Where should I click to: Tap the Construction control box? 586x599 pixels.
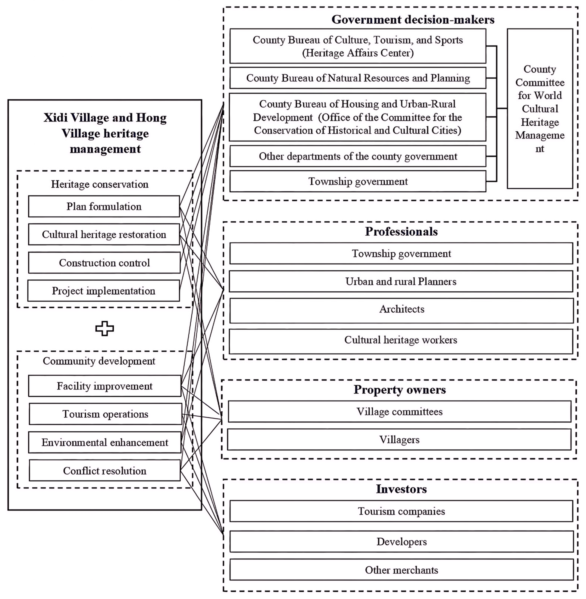tap(104, 263)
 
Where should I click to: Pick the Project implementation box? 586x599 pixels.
tap(103, 291)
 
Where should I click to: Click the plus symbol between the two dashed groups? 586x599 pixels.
tap(104, 328)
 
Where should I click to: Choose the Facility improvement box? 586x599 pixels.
tap(104, 386)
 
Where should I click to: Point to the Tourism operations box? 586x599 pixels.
tap(105, 414)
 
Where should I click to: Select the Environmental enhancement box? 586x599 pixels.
tap(105, 442)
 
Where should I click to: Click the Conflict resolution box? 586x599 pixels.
tap(105, 471)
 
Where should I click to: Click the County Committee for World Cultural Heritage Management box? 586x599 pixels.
tap(540, 109)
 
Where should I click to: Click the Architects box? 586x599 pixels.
tap(401, 309)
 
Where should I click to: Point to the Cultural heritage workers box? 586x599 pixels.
tap(401, 340)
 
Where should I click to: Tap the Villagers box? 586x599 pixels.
tap(399, 440)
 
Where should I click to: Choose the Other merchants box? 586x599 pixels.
tap(401, 570)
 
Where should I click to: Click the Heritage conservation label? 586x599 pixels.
tap(99, 184)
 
